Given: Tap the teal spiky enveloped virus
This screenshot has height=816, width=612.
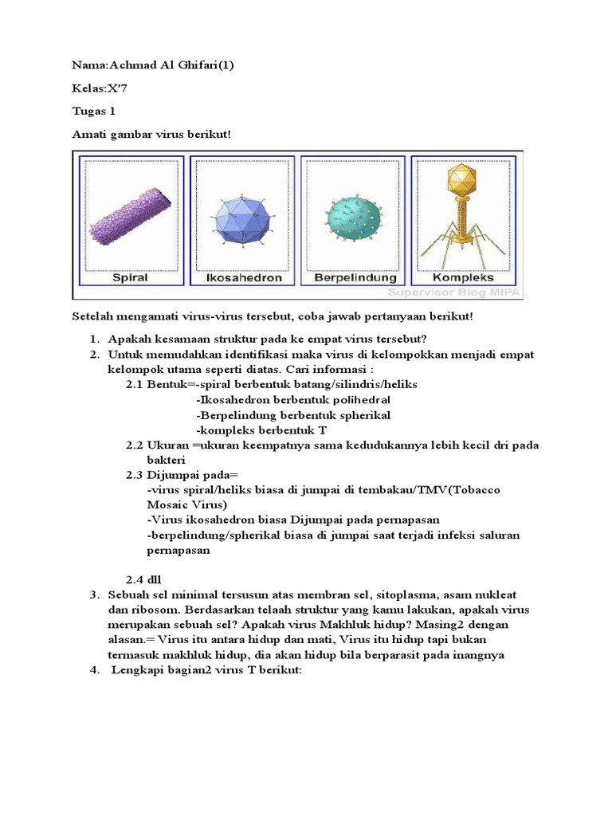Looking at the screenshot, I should [354, 218].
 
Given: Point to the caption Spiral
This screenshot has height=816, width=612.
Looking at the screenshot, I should [131, 278].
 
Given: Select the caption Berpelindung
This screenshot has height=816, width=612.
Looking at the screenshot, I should [355, 278].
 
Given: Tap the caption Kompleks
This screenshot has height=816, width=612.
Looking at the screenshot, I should [463, 278].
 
